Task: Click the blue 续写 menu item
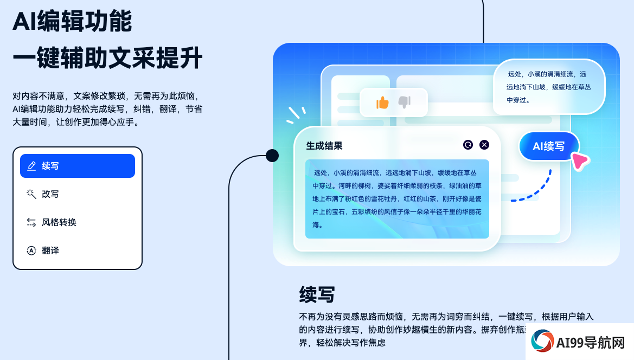click(x=77, y=166)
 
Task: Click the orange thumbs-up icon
click(x=382, y=102)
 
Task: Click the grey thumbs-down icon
click(x=405, y=102)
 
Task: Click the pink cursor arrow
click(x=581, y=161)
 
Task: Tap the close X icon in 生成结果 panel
click(x=484, y=145)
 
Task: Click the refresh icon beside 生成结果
click(x=468, y=145)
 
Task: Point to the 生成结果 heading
click(x=324, y=146)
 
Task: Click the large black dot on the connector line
click(x=272, y=156)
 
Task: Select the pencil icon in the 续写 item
click(x=31, y=166)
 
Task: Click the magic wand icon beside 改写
click(x=31, y=194)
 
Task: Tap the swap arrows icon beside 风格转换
click(x=31, y=222)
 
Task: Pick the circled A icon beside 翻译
click(x=31, y=250)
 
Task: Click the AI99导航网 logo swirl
click(x=542, y=341)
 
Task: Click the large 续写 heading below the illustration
click(x=317, y=294)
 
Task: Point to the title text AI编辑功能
click(x=72, y=21)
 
